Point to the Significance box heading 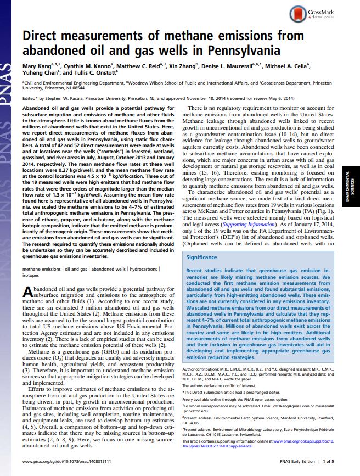(x=201, y=257)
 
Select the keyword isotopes (x=30, y=276)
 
